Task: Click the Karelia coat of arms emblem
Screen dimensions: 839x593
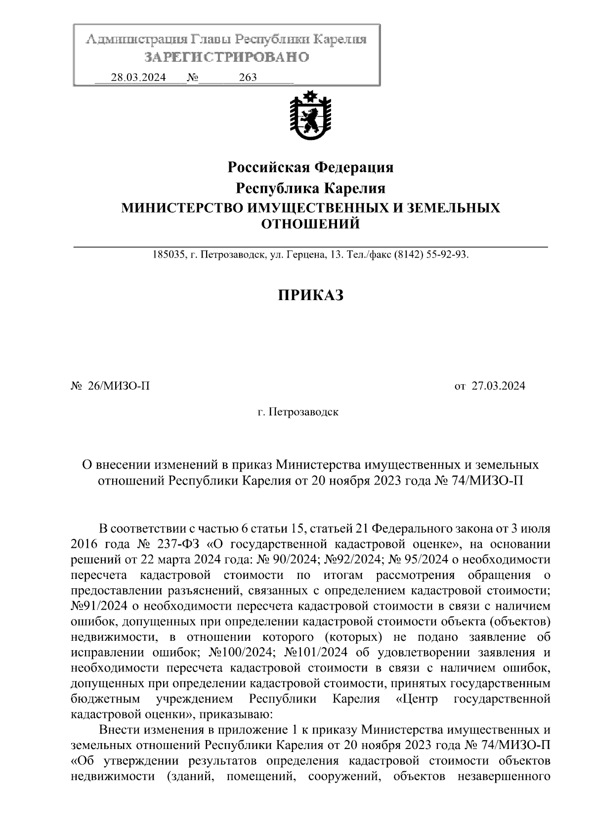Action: pyautogui.click(x=310, y=117)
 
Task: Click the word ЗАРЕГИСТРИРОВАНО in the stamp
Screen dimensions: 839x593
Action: pyautogui.click(x=226, y=57)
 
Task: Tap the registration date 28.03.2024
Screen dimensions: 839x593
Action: pyautogui.click(x=138, y=78)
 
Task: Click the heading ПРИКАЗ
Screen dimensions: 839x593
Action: pyautogui.click(x=310, y=295)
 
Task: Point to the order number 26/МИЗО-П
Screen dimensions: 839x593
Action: pyautogui.click(x=118, y=386)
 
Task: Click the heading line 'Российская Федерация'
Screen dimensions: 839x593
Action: pyautogui.click(x=310, y=168)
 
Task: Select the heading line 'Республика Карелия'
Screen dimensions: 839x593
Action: pyautogui.click(x=310, y=188)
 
